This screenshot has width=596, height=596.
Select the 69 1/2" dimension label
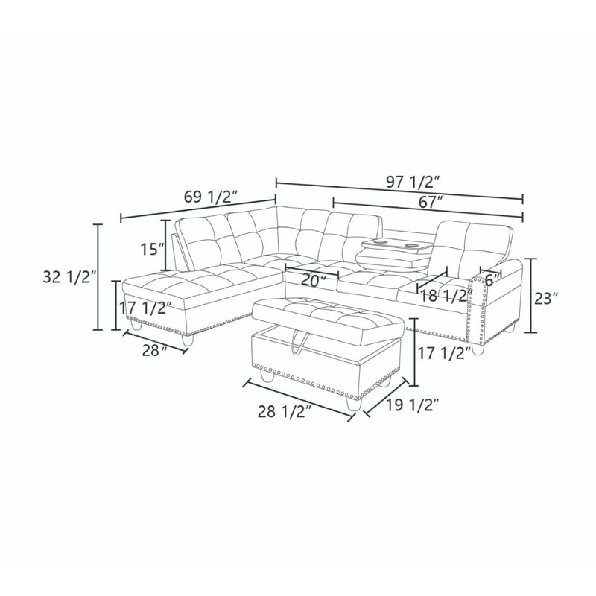pyautogui.click(x=211, y=197)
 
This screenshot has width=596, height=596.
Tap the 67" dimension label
pyautogui.click(x=429, y=202)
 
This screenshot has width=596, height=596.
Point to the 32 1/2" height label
pyautogui.click(x=67, y=277)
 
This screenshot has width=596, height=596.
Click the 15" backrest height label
pyautogui.click(x=153, y=250)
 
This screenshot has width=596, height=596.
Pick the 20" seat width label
pyautogui.click(x=314, y=281)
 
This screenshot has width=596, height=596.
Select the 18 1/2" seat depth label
pyautogui.click(x=446, y=296)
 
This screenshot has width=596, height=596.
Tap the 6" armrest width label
pyautogui.click(x=493, y=280)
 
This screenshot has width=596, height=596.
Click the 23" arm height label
pyautogui.click(x=546, y=299)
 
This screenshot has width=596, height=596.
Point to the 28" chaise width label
pyautogui.click(x=155, y=350)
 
